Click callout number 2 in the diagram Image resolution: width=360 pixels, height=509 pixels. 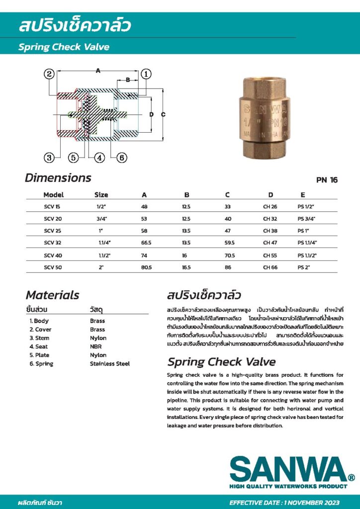(x=49, y=74)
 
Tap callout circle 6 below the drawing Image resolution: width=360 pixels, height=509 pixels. (x=122, y=158)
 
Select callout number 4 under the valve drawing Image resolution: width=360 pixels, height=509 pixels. (x=100, y=158)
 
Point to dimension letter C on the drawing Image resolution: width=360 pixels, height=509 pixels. (x=163, y=114)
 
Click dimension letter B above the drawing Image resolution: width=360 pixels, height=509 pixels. (x=128, y=80)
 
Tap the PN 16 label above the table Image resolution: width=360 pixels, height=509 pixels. (x=327, y=180)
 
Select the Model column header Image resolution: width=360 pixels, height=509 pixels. (x=53, y=195)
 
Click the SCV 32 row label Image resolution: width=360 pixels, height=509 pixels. (x=51, y=243)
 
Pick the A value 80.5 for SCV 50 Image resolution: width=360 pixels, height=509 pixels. (x=147, y=267)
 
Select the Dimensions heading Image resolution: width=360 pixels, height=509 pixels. (x=58, y=177)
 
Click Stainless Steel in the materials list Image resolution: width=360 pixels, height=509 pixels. (x=109, y=364)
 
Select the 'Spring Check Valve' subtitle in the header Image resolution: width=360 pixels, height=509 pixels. (x=64, y=47)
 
